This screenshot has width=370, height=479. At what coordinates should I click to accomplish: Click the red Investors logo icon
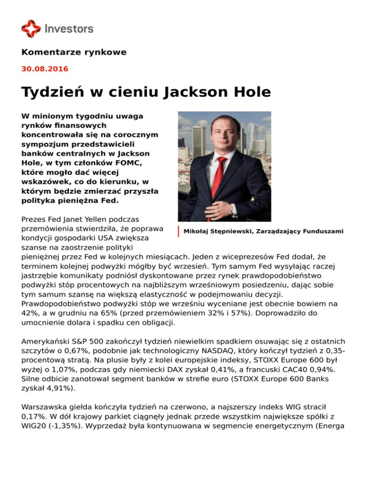point(31,28)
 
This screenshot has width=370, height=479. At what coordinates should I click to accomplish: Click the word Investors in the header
point(69,29)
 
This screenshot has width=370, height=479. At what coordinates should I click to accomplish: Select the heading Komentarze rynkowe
point(74,52)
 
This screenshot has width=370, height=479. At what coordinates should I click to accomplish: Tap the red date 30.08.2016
point(45,69)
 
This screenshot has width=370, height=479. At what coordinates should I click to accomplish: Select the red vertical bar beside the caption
point(178,231)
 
